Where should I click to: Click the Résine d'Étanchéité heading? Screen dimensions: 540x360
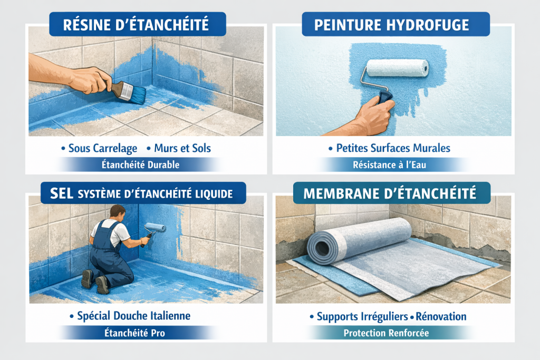(136, 25)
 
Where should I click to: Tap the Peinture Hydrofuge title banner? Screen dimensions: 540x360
(396, 24)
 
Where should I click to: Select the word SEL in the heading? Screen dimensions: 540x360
(62, 193)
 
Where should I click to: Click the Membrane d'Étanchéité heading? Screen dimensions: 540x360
(390, 193)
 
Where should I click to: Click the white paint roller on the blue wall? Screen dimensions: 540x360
(398, 68)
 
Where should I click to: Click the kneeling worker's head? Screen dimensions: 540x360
(118, 213)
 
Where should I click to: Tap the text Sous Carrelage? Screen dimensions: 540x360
(103, 148)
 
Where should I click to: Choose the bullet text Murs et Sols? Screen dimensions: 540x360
(182, 148)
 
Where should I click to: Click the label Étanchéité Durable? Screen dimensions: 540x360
(140, 164)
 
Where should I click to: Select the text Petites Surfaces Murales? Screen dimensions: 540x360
(393, 148)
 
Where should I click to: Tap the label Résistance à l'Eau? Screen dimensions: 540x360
(390, 165)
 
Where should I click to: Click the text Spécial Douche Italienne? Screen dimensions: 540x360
(133, 316)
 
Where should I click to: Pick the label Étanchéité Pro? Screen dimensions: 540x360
(134, 333)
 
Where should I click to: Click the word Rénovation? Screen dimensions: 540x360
(441, 316)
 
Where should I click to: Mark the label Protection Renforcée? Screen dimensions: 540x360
(387, 333)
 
